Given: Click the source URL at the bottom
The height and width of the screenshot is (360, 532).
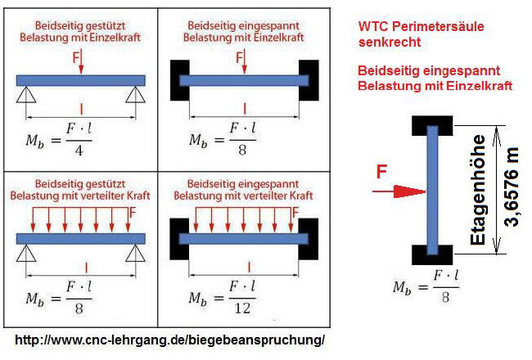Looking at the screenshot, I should click(x=170, y=339).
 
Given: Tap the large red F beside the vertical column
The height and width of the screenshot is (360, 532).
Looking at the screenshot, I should click(x=381, y=172).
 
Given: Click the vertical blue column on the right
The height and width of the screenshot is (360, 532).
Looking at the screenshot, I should click(x=433, y=190).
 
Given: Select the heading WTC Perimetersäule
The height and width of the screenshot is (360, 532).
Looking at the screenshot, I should click(x=421, y=26).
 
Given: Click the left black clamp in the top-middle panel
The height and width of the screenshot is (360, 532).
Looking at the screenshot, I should click(x=180, y=80).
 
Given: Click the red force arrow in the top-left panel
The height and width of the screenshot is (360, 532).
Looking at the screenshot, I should click(x=81, y=65).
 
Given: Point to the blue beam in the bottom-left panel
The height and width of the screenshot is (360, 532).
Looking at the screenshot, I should click(x=80, y=238).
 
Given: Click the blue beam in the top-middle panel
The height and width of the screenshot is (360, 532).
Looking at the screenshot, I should click(x=244, y=80).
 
